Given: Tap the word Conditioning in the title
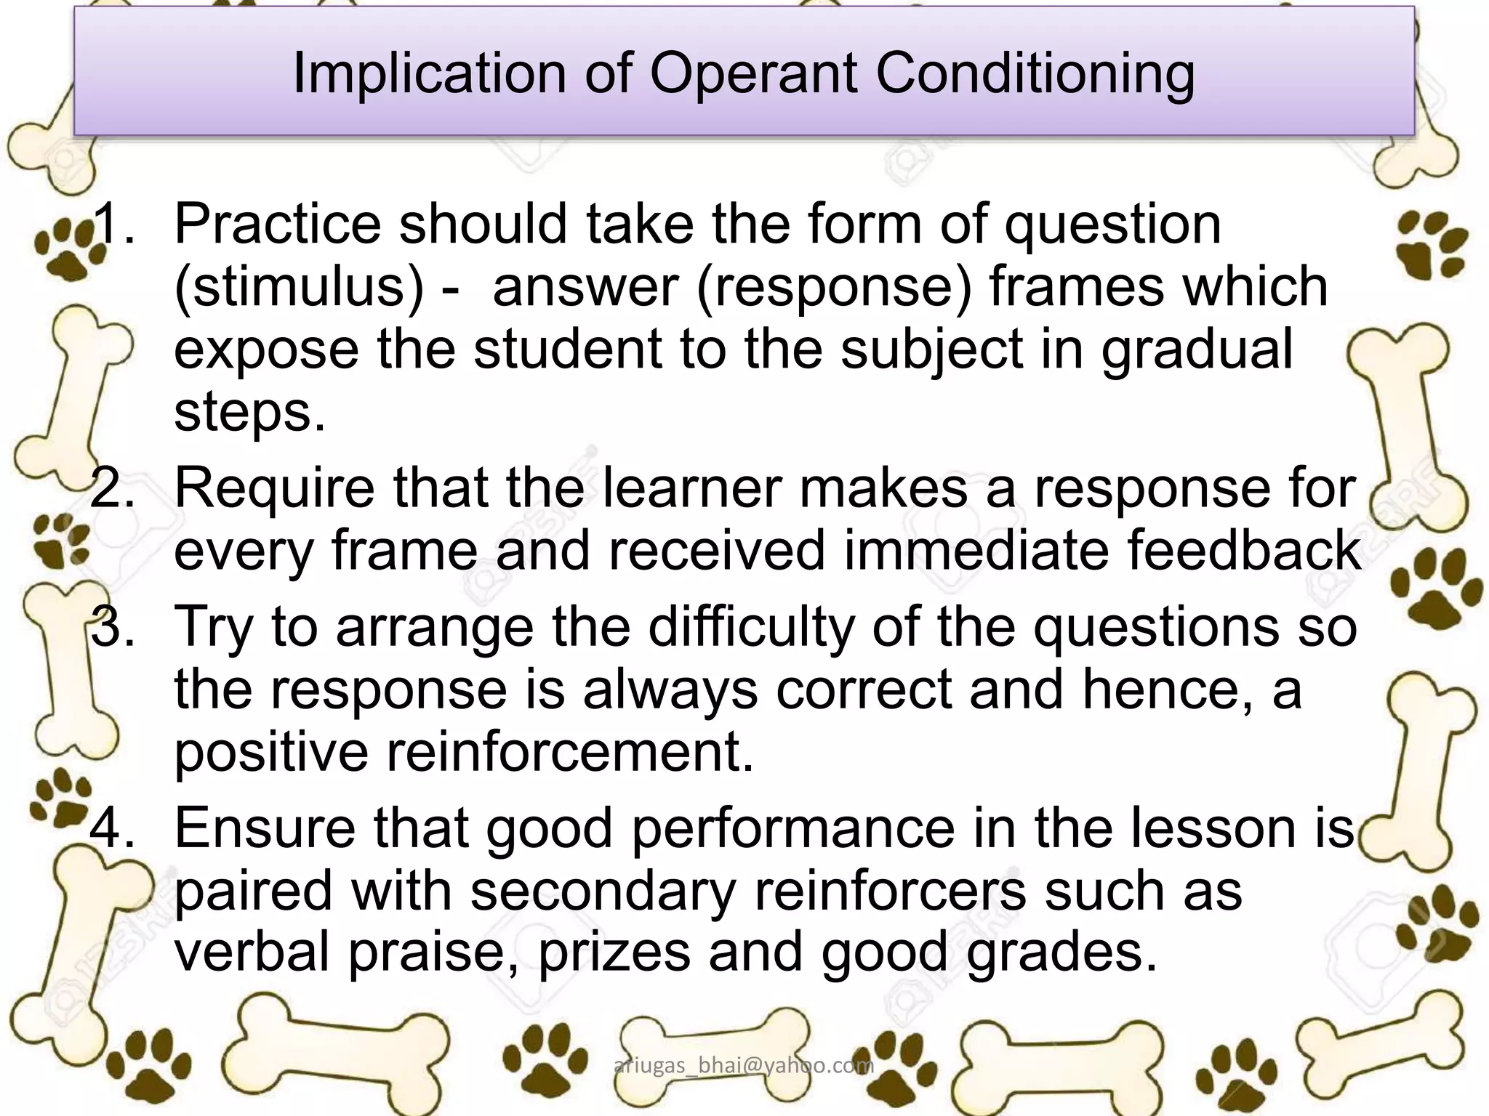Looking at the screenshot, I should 1035,74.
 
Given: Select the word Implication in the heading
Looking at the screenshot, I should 429,74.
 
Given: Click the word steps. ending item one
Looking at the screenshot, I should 249,413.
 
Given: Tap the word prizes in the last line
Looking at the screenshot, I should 614,953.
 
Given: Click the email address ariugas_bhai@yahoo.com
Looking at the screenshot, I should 744,1065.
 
